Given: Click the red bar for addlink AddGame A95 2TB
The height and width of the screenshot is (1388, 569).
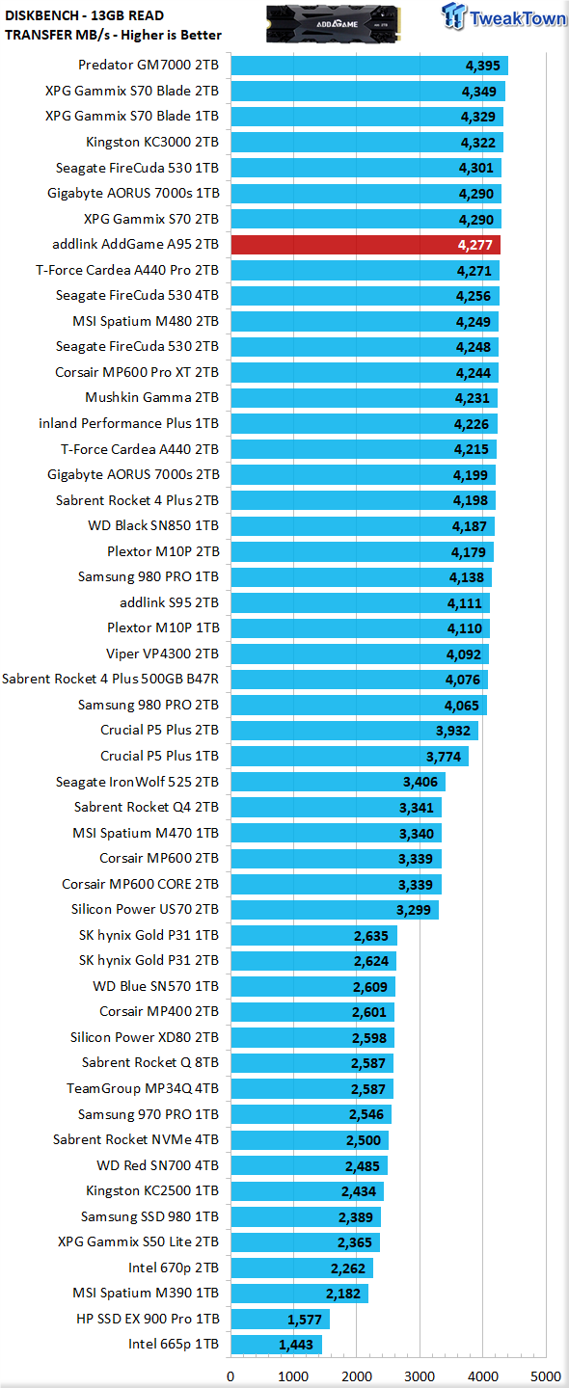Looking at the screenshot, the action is [x=366, y=245].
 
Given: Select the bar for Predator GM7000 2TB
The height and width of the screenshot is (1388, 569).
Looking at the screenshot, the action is [x=369, y=66].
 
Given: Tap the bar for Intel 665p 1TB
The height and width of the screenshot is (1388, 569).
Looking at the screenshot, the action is [x=277, y=1344].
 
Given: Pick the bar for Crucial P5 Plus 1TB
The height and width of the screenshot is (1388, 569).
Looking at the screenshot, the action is [x=349, y=756].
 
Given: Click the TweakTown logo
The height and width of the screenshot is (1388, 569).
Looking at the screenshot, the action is [x=503, y=17].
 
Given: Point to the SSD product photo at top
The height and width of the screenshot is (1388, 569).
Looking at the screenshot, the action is [x=334, y=23].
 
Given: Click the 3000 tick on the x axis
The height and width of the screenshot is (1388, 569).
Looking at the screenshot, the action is [x=420, y=1376].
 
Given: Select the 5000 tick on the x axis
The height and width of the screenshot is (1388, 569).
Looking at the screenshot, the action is [x=546, y=1376].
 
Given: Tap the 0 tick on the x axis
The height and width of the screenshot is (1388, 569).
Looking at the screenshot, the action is [x=230, y=1376].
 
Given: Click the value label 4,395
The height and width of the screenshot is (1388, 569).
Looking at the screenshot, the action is [x=483, y=66].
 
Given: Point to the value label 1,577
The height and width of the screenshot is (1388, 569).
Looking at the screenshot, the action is [x=305, y=1320].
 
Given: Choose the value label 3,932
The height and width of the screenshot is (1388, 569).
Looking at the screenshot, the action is [x=453, y=731].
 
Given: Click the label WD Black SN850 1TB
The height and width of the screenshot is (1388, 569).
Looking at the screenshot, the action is [x=153, y=525].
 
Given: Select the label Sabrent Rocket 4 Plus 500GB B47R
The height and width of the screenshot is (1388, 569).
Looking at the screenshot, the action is [x=110, y=679].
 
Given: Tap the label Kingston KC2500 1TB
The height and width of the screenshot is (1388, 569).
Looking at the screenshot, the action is [x=152, y=1190].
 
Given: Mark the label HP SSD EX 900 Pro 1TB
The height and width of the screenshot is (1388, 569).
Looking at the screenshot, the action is [x=148, y=1318].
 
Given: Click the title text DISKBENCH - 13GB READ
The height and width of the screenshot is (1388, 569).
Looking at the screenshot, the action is [x=84, y=15].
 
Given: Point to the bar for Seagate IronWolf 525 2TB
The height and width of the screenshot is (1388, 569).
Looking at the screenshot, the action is [x=339, y=782].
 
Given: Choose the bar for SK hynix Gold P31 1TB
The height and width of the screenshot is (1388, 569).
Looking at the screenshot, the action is [x=314, y=935].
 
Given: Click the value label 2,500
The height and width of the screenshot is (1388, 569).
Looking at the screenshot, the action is [x=364, y=1140].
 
